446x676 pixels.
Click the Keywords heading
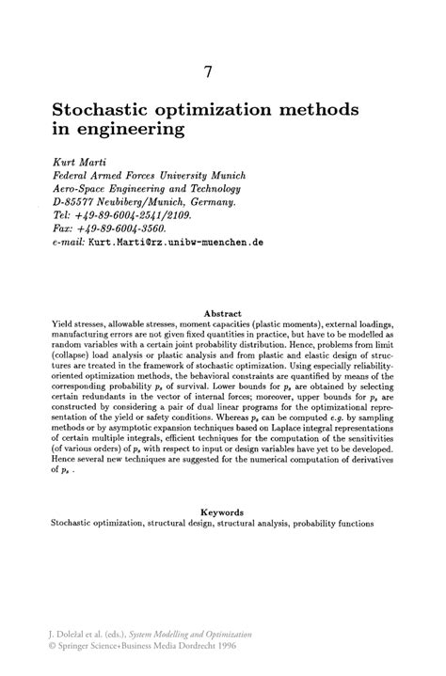(223, 511)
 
